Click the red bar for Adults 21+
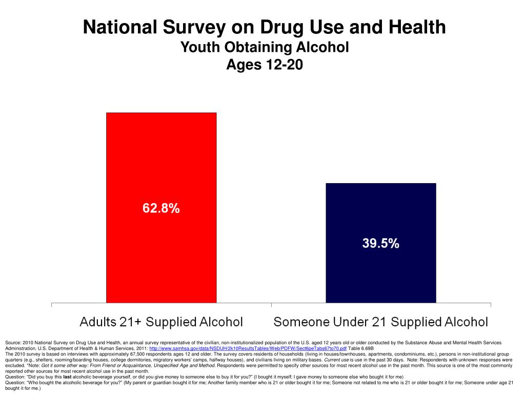click(x=161, y=154)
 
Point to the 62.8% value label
click(x=161, y=209)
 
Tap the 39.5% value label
click(x=380, y=244)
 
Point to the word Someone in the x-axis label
click(x=303, y=322)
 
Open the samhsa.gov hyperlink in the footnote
click(x=248, y=348)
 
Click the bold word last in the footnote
click(x=67, y=377)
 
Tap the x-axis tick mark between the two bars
click(x=271, y=305)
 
